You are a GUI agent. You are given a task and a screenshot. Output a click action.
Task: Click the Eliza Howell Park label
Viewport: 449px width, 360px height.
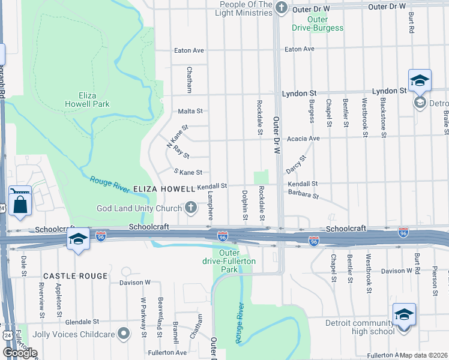pos(87,99)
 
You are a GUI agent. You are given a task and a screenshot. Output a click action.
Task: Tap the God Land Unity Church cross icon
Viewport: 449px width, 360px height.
pos(191,208)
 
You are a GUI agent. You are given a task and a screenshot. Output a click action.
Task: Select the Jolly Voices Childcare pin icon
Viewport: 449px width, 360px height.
pos(123,332)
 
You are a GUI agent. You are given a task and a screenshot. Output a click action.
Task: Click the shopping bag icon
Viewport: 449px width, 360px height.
pos(20,202)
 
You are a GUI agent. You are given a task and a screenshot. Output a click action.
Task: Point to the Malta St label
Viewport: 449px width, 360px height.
pos(190,111)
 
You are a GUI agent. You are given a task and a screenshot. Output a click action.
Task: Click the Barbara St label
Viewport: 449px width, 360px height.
pos(302,195)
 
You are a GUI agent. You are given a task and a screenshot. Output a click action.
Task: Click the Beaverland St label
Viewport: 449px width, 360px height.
pos(160,310)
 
